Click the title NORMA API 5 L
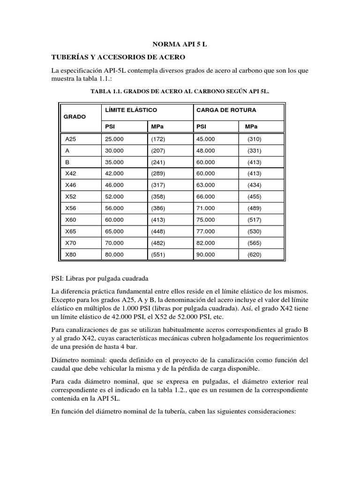pos(180,44)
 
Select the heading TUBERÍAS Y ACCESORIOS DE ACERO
pos(118,57)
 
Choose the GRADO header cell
pos(75,117)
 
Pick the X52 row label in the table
pos(71,196)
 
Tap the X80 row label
pos(71,254)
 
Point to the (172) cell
pos(158,139)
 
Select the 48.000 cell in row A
pos(206,151)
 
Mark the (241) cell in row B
pos(158,162)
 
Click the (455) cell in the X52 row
pos(255,196)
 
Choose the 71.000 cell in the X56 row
pos(206,208)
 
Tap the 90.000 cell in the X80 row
pos(206,254)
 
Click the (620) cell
pos(255,254)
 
